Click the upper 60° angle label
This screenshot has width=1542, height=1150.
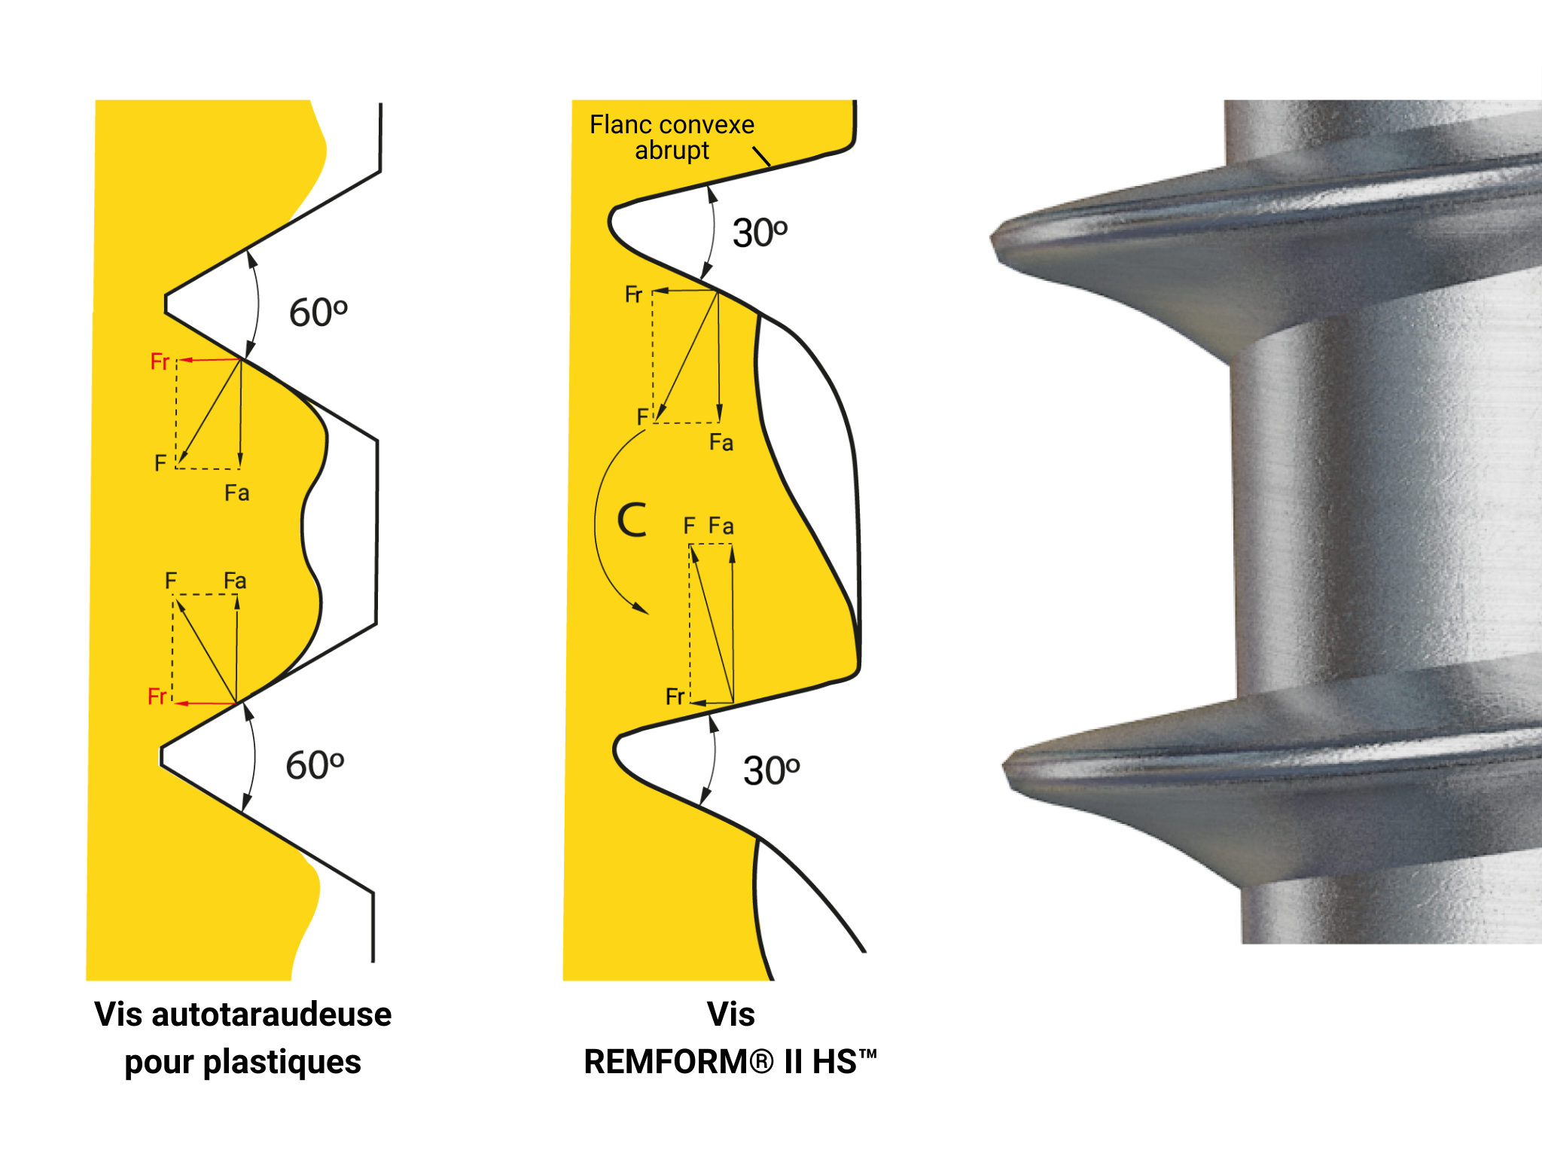point(318,313)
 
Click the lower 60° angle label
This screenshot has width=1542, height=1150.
point(315,765)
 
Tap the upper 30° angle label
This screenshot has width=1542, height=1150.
point(760,233)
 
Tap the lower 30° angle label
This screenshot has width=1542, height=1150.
point(771,770)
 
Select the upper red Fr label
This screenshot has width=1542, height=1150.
point(160,361)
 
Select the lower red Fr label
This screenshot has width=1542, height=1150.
point(157,697)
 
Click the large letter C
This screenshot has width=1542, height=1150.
point(632,520)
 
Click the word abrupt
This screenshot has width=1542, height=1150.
point(672,151)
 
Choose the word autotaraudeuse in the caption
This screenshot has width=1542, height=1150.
point(272,1014)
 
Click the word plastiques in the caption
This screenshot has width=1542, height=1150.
point(282,1062)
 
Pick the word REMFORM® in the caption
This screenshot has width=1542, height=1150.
point(679,1061)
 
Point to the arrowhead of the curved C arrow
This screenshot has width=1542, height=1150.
point(641,609)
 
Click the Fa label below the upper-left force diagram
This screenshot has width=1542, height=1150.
point(236,493)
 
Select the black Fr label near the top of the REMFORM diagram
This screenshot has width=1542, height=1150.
point(633,294)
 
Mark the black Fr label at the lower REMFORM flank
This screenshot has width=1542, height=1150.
point(675,697)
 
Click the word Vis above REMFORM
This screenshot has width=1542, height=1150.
point(730,1014)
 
